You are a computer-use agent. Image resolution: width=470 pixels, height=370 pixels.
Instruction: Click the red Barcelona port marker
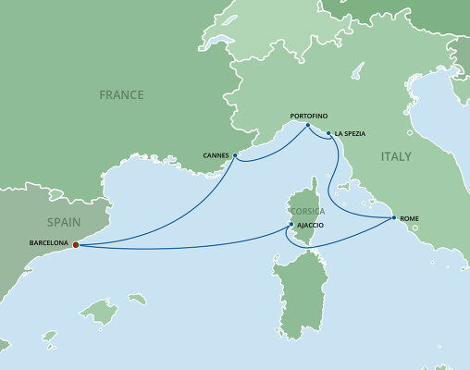pos(75,245)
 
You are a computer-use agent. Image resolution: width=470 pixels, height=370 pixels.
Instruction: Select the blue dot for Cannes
pos(235,154)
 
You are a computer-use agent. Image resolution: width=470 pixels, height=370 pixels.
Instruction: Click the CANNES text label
pos(216,155)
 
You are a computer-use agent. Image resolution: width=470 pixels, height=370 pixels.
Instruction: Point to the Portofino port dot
pos(308,124)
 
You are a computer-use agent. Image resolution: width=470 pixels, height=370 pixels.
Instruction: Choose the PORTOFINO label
pos(308,114)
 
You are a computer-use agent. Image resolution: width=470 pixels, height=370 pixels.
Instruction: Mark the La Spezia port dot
pos(328,133)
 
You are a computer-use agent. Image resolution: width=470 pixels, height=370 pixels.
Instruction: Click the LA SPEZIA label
pos(350,134)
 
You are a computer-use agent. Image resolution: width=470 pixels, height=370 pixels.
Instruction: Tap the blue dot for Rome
pos(393,217)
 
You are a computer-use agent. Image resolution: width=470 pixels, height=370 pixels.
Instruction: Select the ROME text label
pos(410,218)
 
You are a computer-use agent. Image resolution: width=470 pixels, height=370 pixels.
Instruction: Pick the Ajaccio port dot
pos(291,225)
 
